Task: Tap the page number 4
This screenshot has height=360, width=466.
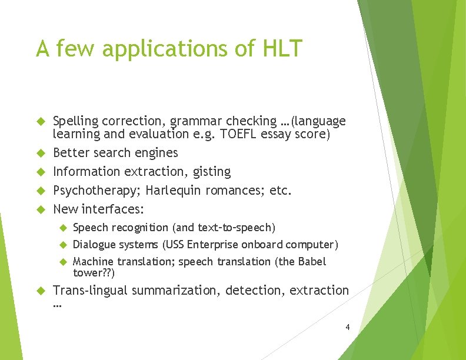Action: click(x=348, y=326)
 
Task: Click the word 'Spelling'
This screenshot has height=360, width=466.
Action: click(x=75, y=122)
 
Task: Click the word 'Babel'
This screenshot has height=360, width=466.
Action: click(x=314, y=261)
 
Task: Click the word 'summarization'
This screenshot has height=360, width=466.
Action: click(x=176, y=290)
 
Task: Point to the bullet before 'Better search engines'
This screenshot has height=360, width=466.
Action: click(x=41, y=153)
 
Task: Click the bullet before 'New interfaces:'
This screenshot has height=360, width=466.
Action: click(x=41, y=209)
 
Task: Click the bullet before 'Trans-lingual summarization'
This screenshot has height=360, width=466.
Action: click(x=41, y=291)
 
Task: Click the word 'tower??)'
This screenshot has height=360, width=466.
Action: click(x=94, y=274)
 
